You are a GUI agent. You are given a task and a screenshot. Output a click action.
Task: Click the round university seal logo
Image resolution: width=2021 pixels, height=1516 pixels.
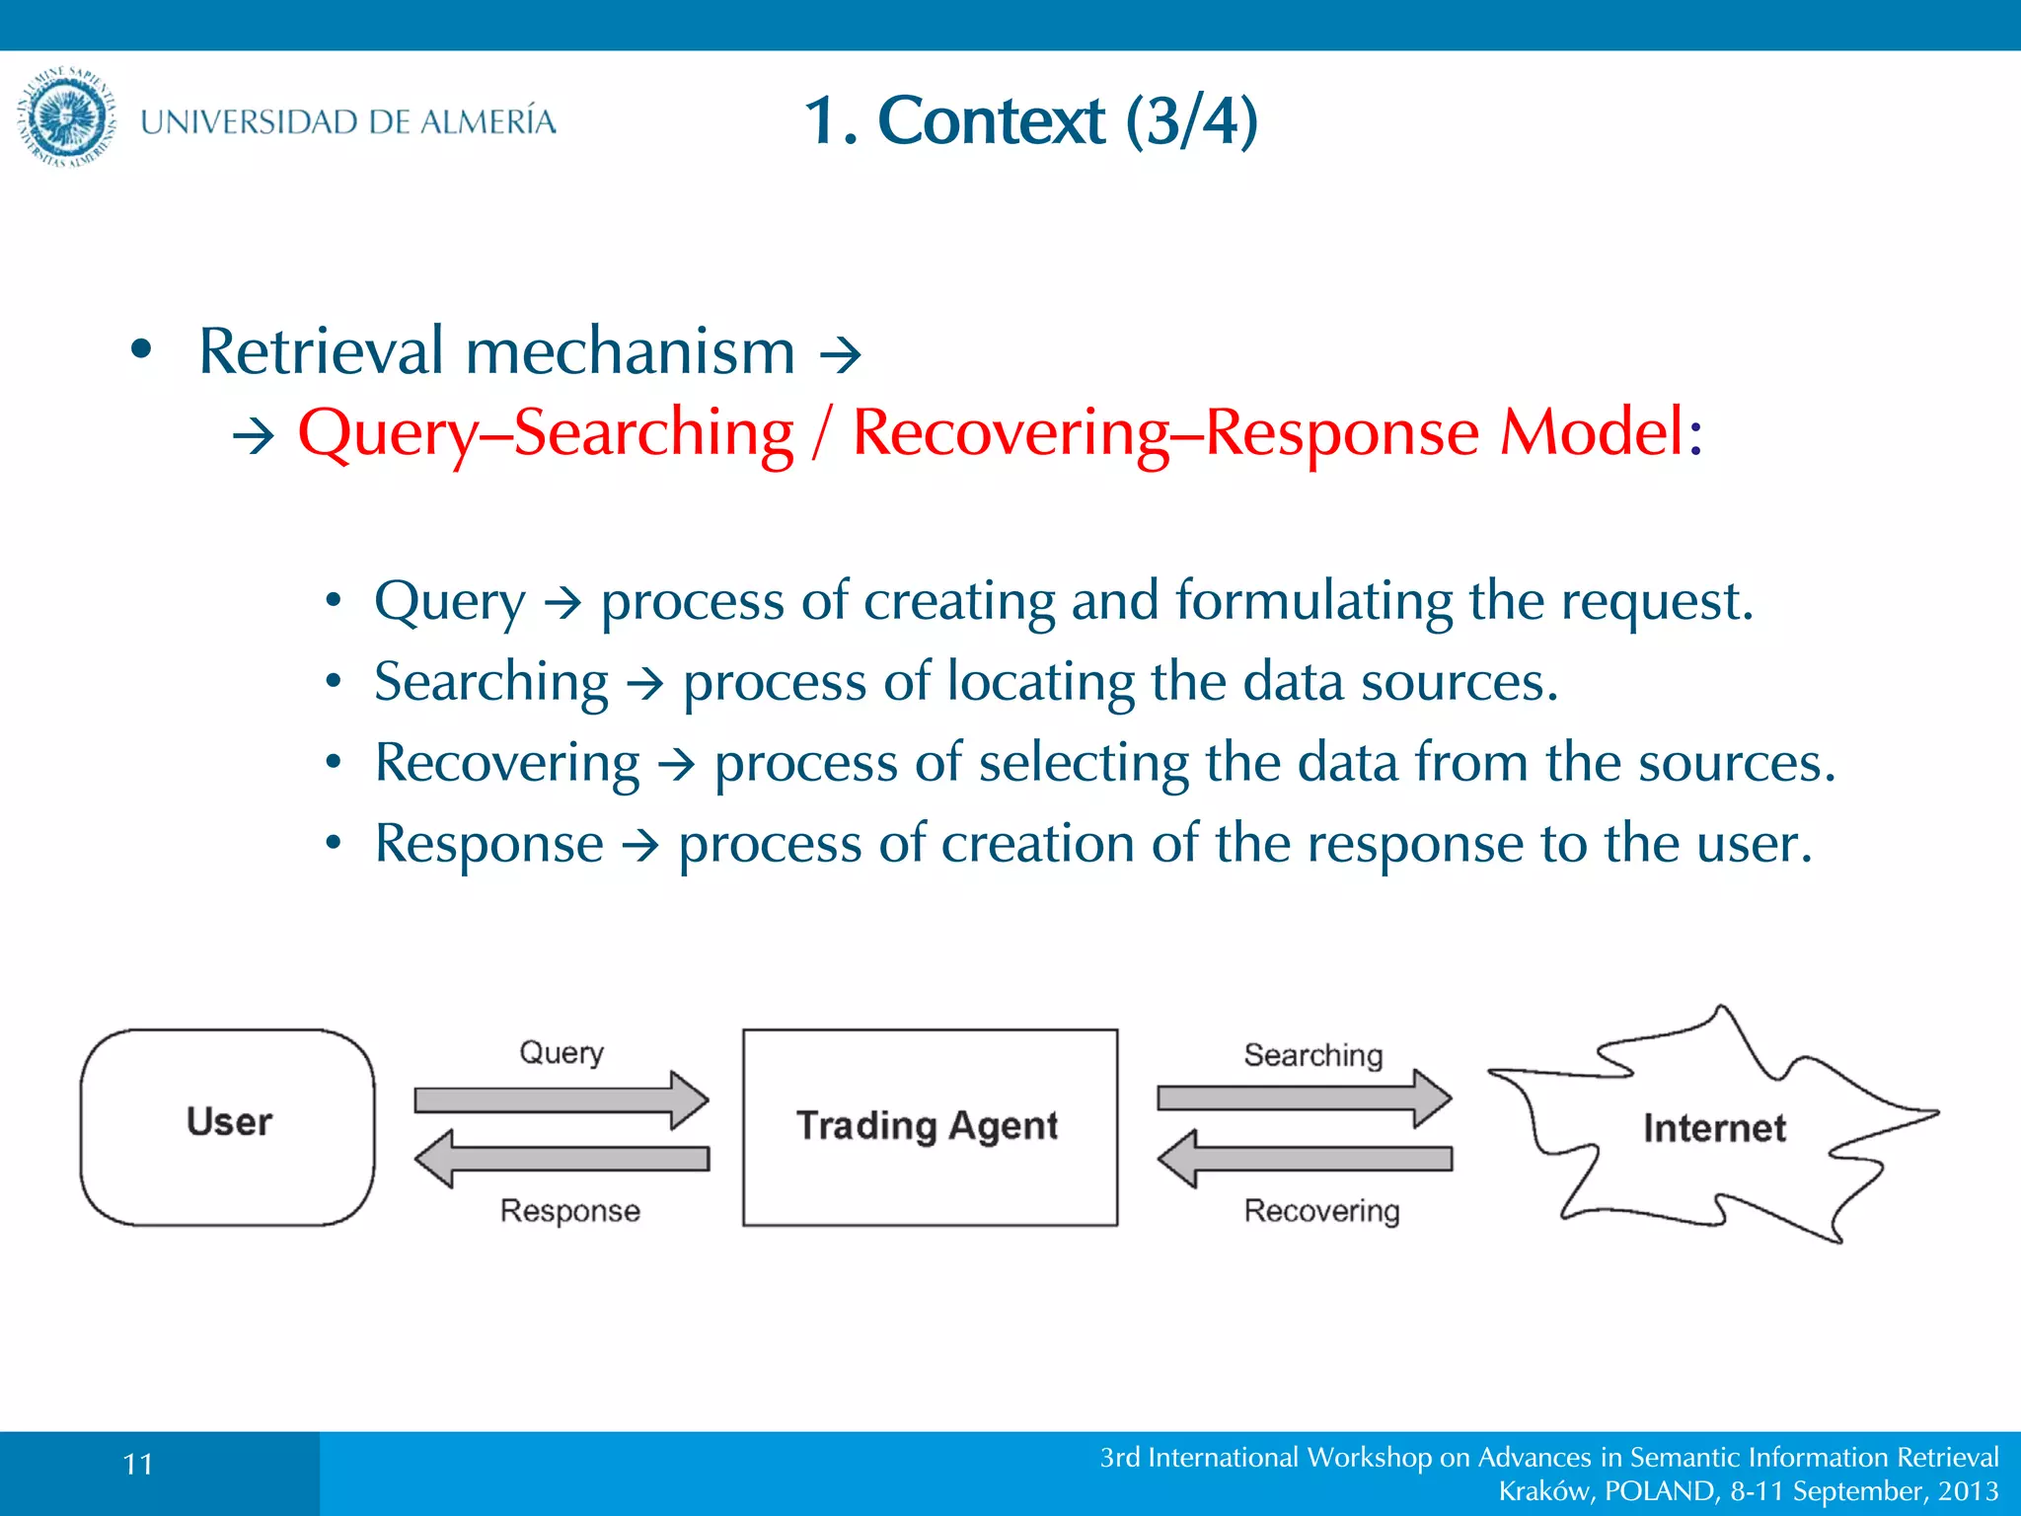[67, 118]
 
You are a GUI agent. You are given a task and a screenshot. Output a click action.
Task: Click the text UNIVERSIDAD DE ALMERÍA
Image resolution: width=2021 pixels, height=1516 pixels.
[347, 121]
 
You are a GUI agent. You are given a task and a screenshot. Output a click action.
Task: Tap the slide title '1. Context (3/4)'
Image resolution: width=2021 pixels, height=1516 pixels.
[1030, 120]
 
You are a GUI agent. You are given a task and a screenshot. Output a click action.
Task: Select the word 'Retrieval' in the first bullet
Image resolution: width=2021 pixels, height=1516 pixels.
[321, 351]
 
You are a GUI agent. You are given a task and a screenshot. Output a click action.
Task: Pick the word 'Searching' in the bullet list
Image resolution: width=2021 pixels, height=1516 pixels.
[491, 682]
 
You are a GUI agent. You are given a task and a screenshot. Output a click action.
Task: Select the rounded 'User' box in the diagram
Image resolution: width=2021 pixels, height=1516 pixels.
[228, 1126]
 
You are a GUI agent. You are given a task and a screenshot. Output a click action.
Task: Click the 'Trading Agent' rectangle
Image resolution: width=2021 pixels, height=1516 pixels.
[929, 1126]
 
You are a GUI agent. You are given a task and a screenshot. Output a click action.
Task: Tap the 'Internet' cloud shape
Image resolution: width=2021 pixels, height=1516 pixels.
[1713, 1127]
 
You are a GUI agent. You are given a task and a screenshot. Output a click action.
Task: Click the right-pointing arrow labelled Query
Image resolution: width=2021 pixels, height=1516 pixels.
[561, 1099]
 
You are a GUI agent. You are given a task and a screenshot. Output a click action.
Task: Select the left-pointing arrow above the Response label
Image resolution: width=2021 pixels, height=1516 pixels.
[561, 1158]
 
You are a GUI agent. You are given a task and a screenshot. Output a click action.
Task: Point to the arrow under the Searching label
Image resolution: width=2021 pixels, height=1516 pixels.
[1304, 1098]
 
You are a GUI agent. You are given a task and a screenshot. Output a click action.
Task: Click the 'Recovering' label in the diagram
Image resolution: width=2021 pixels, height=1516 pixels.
[1321, 1211]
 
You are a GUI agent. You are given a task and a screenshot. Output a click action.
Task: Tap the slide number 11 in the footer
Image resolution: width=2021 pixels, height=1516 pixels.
[138, 1464]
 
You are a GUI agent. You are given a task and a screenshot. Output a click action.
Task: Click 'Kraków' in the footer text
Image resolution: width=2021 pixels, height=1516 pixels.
[1543, 1490]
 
